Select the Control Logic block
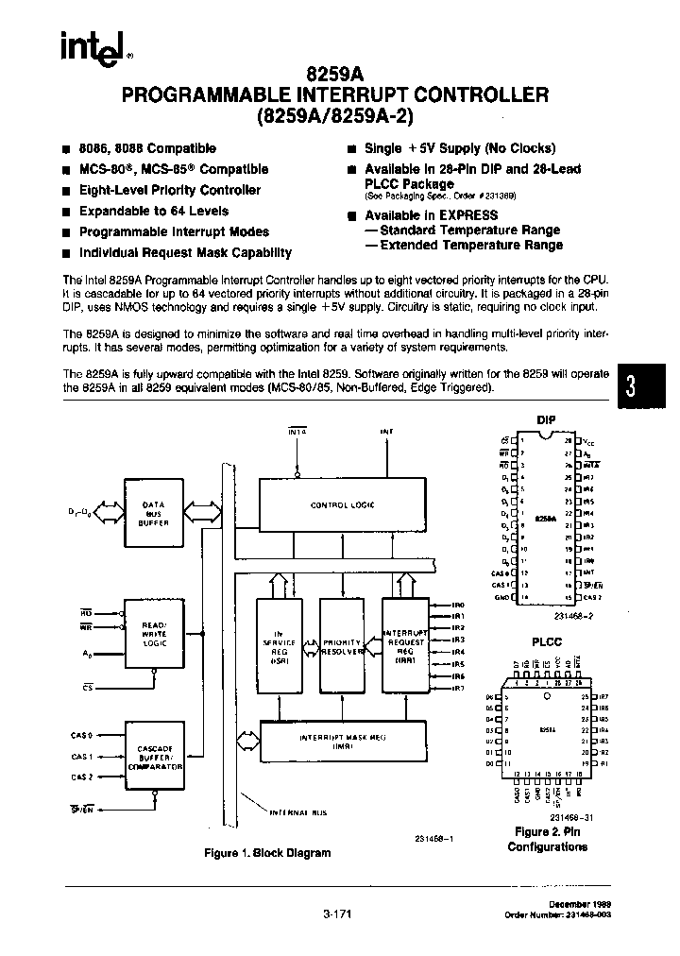342,505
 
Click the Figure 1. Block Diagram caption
268,853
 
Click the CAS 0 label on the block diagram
83,735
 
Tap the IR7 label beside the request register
459,688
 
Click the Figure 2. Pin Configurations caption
548,839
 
